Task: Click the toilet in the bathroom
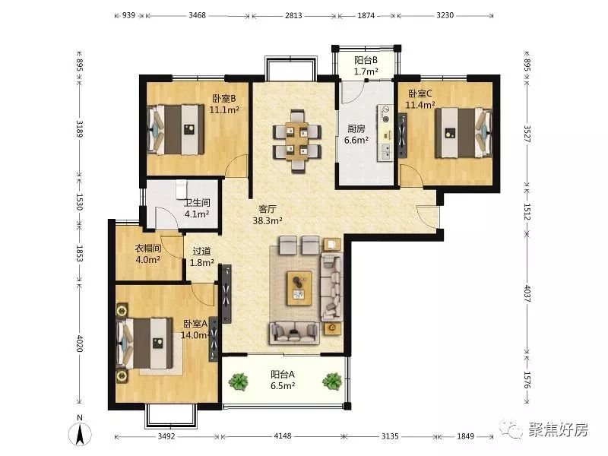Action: pos(181,188)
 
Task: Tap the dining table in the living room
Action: pos(296,141)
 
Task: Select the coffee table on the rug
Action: pos(299,288)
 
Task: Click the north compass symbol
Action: pos(80,433)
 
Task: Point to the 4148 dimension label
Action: pos(282,435)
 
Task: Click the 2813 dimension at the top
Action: pos(293,16)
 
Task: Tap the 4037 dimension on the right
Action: pos(527,293)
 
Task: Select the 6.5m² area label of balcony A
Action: pos(283,386)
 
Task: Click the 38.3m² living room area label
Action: pos(268,220)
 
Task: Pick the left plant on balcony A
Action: pos(238,382)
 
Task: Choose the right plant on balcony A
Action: pos(332,382)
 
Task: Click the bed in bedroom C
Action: pos(464,133)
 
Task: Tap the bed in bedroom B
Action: pos(176,129)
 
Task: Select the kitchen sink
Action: pos(386,151)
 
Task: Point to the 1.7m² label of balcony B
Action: pos(366,71)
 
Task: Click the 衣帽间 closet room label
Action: pos(147,249)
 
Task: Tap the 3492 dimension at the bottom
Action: pos(166,435)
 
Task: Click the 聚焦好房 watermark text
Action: pos(558,429)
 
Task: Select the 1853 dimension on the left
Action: pos(80,253)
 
